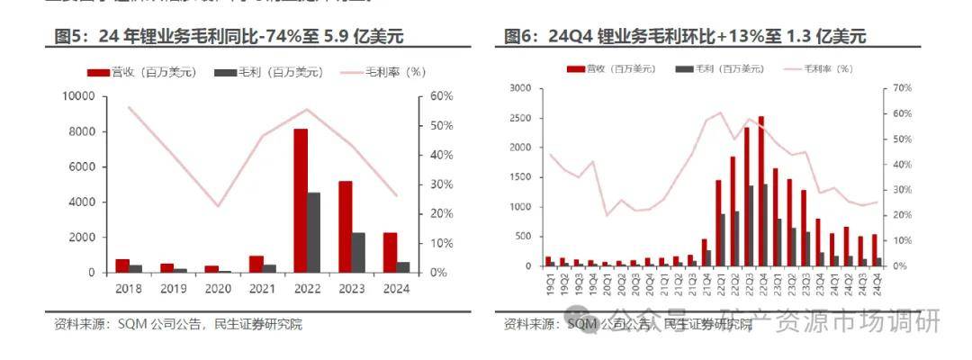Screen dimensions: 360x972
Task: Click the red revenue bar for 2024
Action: point(390,252)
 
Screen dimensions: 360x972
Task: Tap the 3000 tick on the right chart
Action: point(522,87)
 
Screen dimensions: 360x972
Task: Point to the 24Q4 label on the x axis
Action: point(874,282)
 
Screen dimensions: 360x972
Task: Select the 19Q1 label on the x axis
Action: point(547,282)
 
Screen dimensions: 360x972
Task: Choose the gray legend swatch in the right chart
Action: point(684,68)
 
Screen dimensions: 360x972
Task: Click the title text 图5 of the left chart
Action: point(68,37)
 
